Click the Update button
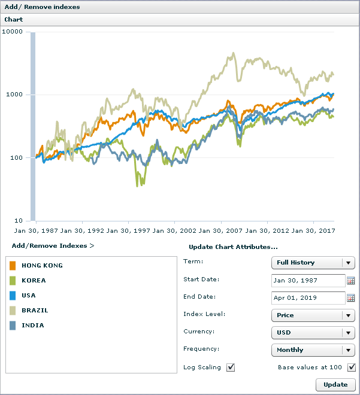coord(335,384)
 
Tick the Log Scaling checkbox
coord(231,367)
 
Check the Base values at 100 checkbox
coord(352,367)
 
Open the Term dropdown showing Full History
coord(313,263)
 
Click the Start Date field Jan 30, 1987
coord(308,280)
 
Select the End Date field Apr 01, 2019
coord(308,297)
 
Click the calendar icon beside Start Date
coord(351,280)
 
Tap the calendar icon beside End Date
coord(351,297)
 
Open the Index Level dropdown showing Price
coord(313,315)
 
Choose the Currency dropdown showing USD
coord(313,332)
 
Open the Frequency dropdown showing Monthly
coord(313,350)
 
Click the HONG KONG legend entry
coord(42,265)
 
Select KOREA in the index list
coord(34,280)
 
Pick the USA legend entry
coord(28,295)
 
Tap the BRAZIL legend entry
coord(35,311)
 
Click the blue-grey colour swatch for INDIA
coord(13,326)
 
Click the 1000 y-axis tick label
coord(14,95)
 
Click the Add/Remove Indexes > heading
coord(53,245)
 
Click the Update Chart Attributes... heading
coord(233,247)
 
